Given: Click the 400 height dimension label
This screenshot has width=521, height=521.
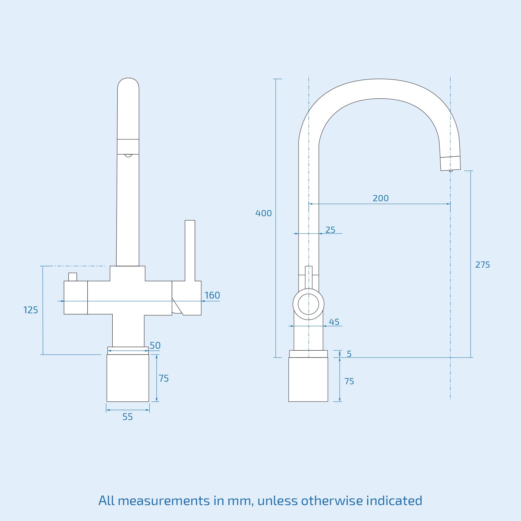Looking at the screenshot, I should (263, 213).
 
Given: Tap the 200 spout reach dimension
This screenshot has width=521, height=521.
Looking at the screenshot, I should (380, 198).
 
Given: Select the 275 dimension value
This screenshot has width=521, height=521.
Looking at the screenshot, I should (482, 265).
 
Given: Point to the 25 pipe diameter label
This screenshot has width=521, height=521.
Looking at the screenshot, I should (330, 230).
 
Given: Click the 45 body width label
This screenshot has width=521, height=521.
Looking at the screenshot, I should (334, 322).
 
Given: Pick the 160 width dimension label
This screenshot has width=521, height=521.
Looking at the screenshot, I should (212, 295).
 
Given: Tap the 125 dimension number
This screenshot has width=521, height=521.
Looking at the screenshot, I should (31, 310).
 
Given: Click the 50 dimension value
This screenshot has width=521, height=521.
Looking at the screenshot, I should (155, 345).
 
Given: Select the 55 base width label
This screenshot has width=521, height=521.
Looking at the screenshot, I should (128, 417).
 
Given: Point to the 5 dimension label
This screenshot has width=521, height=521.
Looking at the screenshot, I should (349, 354).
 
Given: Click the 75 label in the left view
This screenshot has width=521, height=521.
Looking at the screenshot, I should (163, 378).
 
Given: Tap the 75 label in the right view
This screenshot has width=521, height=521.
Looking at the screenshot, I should (349, 381).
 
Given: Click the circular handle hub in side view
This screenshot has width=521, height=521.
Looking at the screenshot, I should (308, 304).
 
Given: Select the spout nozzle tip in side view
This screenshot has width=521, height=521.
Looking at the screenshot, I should (450, 163).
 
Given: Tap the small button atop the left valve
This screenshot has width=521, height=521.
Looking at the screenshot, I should (73, 277).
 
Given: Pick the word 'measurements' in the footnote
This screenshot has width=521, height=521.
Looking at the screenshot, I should (164, 500).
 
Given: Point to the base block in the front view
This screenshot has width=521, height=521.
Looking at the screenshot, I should (128, 378).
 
